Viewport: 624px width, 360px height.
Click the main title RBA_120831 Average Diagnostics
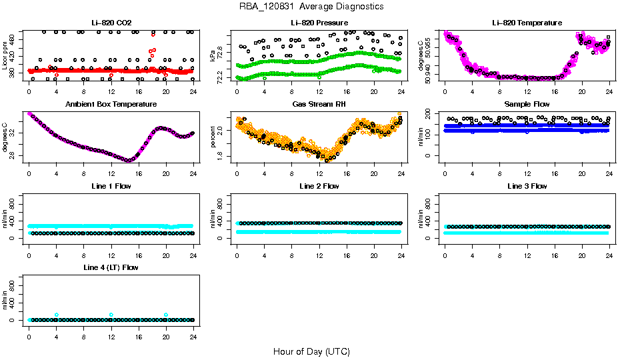pyautogui.click(x=312, y=6)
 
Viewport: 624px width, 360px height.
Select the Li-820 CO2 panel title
pyautogui.click(x=111, y=23)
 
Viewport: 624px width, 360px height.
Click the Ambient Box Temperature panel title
pyautogui.click(x=111, y=104)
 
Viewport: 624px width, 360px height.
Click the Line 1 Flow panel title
pyautogui.click(x=111, y=186)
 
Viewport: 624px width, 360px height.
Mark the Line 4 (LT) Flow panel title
pyautogui.click(x=111, y=267)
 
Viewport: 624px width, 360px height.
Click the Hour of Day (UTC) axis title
pyautogui.click(x=311, y=351)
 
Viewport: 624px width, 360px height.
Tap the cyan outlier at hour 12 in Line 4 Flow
pyautogui.click(x=111, y=315)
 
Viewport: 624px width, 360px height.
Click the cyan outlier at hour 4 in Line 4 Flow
pyautogui.click(x=57, y=315)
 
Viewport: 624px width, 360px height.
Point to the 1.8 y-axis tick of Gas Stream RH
pyautogui.click(x=222, y=155)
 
